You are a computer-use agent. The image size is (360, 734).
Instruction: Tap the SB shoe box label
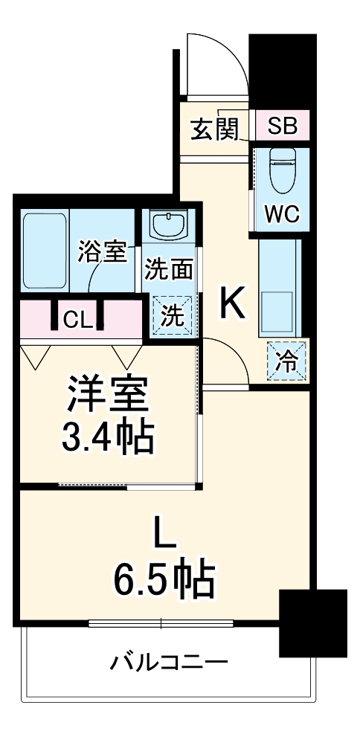[x=282, y=126]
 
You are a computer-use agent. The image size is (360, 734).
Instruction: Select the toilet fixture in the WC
[x=282, y=169]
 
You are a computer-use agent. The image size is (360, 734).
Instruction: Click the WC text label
[x=282, y=215]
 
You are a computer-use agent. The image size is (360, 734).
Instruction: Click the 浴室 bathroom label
[x=102, y=252]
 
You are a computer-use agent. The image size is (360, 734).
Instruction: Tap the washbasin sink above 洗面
[x=171, y=223]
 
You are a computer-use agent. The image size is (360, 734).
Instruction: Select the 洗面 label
[x=169, y=268]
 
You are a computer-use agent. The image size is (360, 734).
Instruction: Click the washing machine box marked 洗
[x=173, y=315]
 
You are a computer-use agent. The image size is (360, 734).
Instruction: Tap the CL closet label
[x=78, y=320]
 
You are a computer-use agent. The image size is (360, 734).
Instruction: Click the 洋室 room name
[x=108, y=396]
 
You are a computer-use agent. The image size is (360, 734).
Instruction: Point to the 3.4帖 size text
[x=107, y=439]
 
